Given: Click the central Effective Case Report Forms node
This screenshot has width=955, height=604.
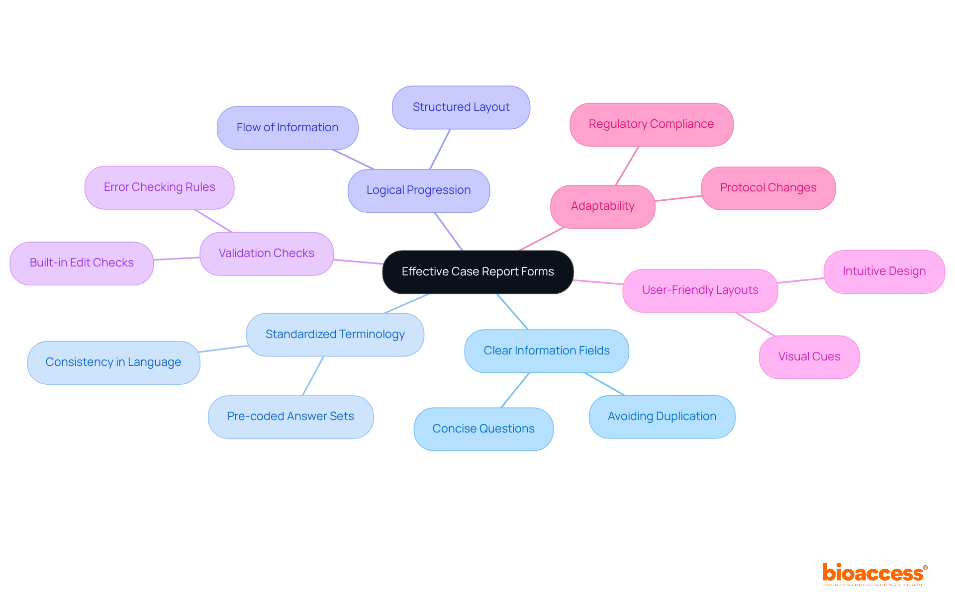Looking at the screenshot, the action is (x=477, y=272).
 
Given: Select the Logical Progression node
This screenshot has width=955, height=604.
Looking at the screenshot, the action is (x=418, y=190).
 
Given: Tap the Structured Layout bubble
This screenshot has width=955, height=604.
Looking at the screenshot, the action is (x=461, y=107).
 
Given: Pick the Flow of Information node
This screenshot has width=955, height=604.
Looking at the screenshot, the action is (x=287, y=128).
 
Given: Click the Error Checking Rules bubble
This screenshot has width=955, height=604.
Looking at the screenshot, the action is (x=159, y=187).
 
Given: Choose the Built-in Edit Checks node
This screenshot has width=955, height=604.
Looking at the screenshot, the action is (x=82, y=263).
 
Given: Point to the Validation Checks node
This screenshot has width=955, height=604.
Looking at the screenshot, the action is (x=266, y=254).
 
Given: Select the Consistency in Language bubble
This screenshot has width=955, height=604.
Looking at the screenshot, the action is (x=113, y=362).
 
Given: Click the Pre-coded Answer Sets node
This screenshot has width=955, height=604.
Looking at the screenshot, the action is (x=290, y=417).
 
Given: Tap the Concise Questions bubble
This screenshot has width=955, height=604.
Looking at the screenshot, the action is (x=483, y=429).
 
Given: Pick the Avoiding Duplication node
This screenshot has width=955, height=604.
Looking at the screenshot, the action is (x=662, y=417).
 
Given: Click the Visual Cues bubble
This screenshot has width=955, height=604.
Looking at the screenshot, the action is (x=809, y=357).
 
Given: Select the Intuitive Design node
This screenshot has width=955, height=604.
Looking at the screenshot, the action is (x=884, y=271).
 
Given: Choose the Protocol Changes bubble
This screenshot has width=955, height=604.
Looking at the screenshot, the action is (x=768, y=188).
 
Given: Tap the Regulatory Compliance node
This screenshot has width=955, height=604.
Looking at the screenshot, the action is (x=651, y=124).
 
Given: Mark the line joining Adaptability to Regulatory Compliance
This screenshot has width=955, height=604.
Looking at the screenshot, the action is (x=627, y=166).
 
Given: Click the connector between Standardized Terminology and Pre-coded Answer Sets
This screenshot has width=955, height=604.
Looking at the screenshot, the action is (x=313, y=376).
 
